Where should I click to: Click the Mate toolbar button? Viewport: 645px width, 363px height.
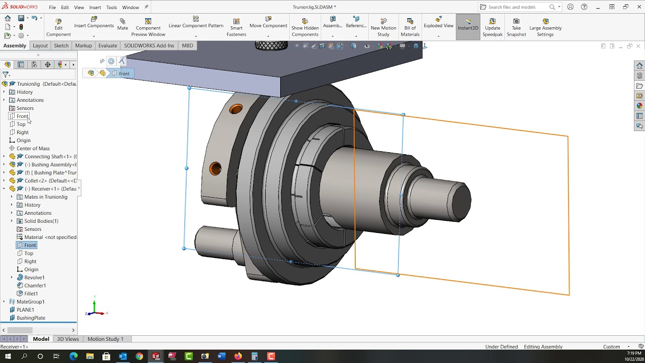pyautogui.click(x=122, y=24)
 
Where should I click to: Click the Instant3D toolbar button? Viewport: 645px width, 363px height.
pyautogui.click(x=468, y=25)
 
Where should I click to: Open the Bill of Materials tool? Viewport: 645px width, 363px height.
pyautogui.click(x=410, y=27)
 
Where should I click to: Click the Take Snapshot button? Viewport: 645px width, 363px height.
pyautogui.click(x=516, y=27)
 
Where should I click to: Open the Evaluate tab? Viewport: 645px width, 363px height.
pyautogui.click(x=107, y=45)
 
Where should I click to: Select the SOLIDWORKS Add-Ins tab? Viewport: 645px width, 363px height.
pyautogui.click(x=149, y=45)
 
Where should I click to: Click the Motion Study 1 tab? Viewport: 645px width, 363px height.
pyautogui.click(x=105, y=339)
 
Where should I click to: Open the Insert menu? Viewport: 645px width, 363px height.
pyautogui.click(x=95, y=8)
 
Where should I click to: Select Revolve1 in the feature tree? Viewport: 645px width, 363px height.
pyautogui.click(x=34, y=277)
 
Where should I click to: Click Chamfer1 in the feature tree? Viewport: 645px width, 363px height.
pyautogui.click(x=35, y=285)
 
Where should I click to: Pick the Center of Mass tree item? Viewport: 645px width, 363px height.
pyautogui.click(x=33, y=148)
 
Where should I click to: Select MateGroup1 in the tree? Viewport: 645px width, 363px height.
pyautogui.click(x=30, y=301)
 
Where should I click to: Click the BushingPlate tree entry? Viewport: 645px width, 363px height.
pyautogui.click(x=31, y=318)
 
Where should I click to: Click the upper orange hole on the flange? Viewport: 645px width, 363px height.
pyautogui.click(x=236, y=109)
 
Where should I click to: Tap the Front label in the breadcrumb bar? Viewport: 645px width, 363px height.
pyautogui.click(x=124, y=74)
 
